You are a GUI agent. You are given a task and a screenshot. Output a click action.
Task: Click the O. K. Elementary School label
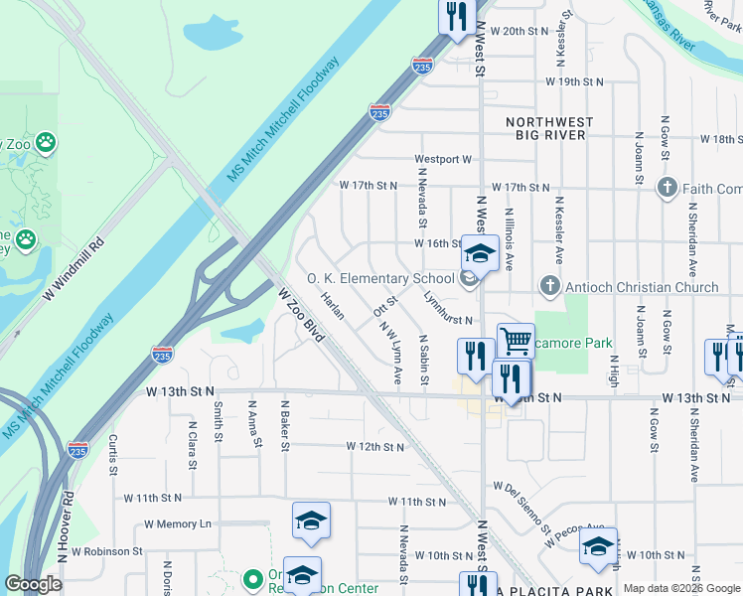point(379,279)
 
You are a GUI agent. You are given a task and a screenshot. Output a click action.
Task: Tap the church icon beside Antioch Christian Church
point(548,287)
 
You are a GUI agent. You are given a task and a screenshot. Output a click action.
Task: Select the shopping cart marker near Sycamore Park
point(516,342)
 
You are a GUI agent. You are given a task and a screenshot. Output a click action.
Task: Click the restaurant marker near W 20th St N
point(457,16)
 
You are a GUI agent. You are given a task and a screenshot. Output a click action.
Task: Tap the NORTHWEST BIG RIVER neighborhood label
point(549,128)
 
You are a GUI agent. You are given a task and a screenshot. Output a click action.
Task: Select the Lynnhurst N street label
point(447,307)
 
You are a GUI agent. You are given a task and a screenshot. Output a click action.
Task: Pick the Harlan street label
point(332,306)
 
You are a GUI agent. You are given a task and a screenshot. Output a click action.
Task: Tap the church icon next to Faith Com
point(668,188)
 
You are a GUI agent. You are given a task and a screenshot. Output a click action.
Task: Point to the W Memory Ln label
point(178,523)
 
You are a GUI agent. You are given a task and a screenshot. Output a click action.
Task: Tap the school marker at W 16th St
point(480,254)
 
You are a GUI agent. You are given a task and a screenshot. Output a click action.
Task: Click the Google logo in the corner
point(33,584)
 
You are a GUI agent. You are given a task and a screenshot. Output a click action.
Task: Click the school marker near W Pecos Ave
point(598,546)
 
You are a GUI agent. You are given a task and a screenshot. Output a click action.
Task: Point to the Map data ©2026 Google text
point(681,588)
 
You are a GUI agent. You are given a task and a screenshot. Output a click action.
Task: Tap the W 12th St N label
point(375,447)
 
